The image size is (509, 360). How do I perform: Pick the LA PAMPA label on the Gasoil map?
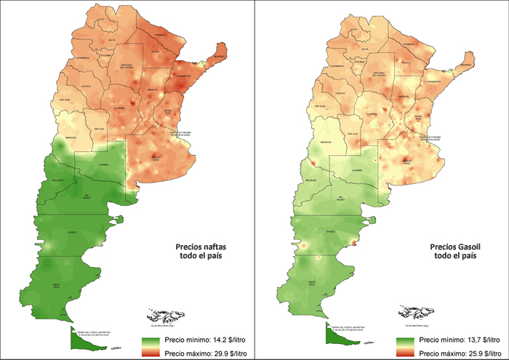[x=357, y=169]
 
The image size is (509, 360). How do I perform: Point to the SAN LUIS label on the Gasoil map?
[x=353, y=133]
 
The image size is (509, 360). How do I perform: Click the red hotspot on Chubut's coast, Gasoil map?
[x=356, y=242]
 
